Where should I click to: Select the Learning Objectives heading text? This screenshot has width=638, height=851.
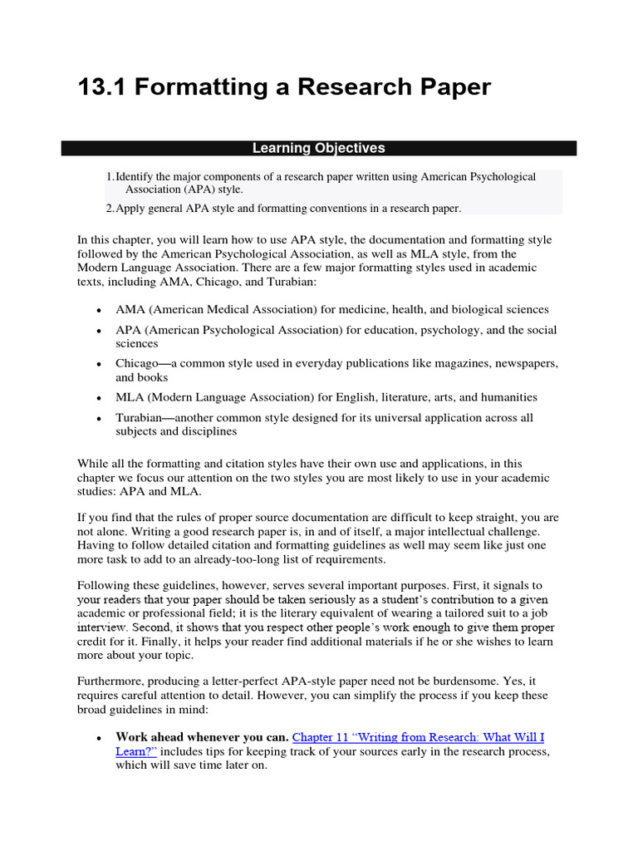(319, 148)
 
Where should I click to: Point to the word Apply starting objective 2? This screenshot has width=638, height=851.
(130, 209)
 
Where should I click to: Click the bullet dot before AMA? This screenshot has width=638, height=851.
(99, 310)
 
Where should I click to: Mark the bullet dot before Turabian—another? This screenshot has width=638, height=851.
(99, 419)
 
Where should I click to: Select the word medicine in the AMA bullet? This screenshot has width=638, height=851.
(401, 309)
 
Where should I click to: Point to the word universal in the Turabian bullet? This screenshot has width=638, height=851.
(400, 418)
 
